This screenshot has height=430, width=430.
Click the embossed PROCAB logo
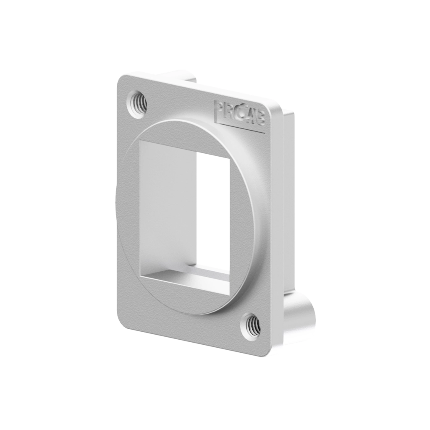(239, 113)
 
